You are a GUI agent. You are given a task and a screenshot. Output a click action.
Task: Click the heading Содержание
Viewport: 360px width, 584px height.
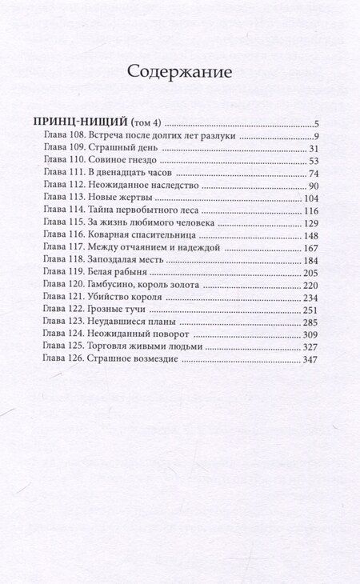(x=180, y=71)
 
